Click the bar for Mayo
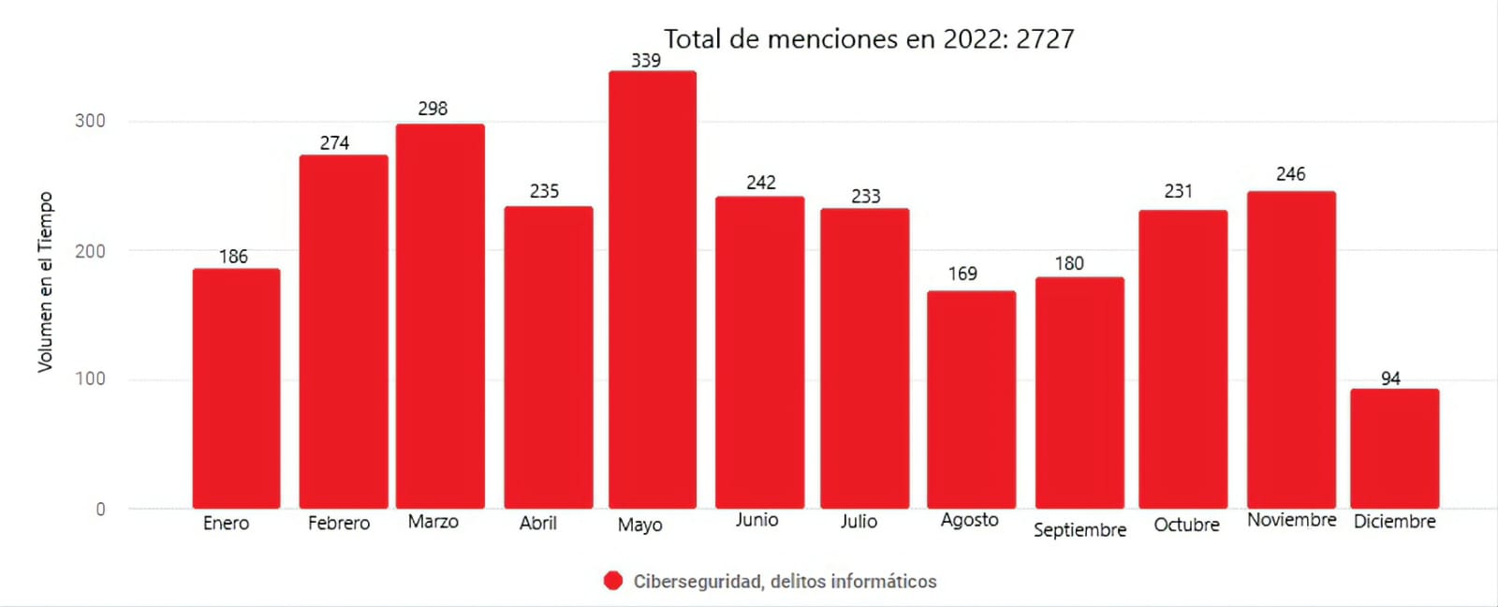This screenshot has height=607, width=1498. point(653,290)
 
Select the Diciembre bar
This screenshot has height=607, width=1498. point(1394,449)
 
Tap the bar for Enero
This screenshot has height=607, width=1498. point(236,389)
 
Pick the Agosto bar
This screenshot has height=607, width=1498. point(971,400)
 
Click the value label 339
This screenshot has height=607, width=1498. point(646,61)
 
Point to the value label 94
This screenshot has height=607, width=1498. point(1390,378)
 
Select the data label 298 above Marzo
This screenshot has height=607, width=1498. point(433,109)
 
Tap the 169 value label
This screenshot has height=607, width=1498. point(962,274)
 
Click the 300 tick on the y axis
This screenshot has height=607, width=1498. point(90,121)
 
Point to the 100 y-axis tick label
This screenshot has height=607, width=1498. point(90,379)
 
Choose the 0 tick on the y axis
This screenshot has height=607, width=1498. point(100,510)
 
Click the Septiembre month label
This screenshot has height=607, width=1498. point(1079,530)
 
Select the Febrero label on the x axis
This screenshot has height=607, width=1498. point(339,524)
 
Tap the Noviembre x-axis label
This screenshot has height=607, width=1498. point(1291,520)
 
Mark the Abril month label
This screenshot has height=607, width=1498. point(538,524)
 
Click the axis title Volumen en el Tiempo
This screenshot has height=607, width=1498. point(45,282)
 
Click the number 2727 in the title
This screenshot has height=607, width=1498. point(1045,39)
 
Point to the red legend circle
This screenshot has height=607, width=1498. point(613,582)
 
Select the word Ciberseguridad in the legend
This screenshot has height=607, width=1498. point(698,582)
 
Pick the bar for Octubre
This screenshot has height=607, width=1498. point(1182,360)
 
